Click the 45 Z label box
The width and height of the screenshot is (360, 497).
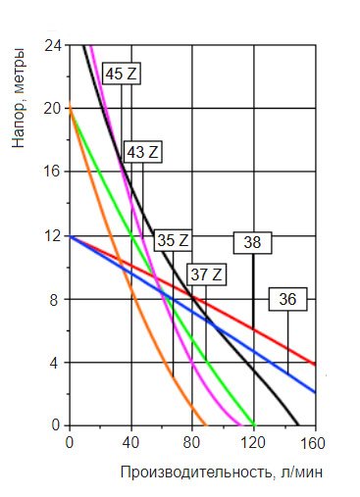point(122,74)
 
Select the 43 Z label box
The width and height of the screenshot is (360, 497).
point(143,152)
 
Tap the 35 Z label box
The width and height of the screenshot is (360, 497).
point(173,240)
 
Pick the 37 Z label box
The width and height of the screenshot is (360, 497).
point(206,274)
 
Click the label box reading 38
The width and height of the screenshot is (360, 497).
point(252,243)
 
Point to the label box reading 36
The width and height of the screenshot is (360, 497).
point(287,299)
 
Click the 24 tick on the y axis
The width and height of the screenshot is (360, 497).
point(53,46)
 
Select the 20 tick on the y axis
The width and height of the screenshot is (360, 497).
point(53,108)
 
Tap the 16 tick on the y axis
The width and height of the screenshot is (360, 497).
point(53,172)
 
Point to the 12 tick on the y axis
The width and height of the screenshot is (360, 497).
point(53,235)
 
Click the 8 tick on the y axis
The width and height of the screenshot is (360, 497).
point(55,300)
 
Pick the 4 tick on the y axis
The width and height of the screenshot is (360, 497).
point(55,363)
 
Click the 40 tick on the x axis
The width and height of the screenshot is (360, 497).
point(130,443)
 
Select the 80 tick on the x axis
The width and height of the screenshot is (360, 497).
point(191,443)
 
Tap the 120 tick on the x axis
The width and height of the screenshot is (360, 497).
point(252,443)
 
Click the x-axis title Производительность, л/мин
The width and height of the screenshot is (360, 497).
point(222,472)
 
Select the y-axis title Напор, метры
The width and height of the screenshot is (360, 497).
point(18,98)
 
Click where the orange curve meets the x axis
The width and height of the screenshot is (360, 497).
point(206,425)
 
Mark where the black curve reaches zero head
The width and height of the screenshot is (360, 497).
point(298,425)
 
